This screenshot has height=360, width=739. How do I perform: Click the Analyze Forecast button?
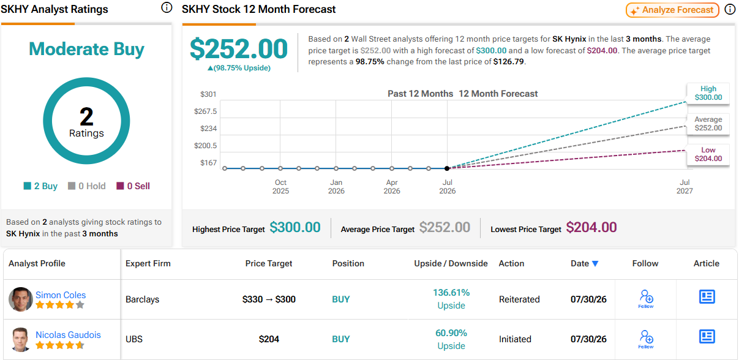pos(672,10)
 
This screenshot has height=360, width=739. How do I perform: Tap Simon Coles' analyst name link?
pos(61,294)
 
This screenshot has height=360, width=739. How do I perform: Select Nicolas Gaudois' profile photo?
pos(20,339)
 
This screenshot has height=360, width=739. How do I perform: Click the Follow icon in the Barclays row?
pos(646,299)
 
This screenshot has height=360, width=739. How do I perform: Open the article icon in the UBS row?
pos(707,337)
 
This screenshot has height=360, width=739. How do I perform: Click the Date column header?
pos(584,263)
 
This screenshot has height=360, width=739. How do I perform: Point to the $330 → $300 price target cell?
pos(269,299)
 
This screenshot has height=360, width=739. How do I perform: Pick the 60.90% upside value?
pos(451,333)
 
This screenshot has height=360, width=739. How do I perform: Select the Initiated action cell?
pos(515,339)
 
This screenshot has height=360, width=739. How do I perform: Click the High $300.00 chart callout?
pos(708,93)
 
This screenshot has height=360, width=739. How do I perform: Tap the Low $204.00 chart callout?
pos(708,154)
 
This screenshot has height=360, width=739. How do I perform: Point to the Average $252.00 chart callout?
pos(708,124)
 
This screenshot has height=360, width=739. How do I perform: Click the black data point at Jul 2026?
pos(447,168)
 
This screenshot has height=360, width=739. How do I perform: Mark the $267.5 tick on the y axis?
pos(205,111)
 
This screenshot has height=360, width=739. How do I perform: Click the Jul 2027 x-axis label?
pos(685,187)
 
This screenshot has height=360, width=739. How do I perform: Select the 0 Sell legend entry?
pos(133,186)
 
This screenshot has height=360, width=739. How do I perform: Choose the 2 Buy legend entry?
pos(40,186)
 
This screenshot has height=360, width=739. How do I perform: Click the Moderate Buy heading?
pos(86,49)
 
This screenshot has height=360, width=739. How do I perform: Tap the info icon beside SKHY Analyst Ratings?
pos(167,7)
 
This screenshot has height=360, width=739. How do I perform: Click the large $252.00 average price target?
pos(239,48)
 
